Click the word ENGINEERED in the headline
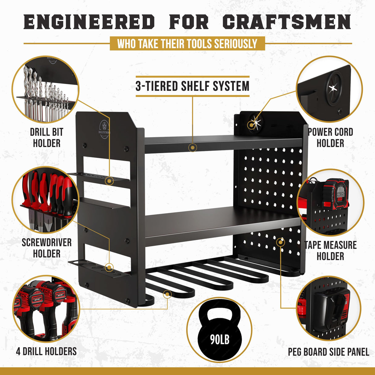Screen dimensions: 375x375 tap(89, 22)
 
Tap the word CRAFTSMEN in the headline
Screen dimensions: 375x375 tap(286, 22)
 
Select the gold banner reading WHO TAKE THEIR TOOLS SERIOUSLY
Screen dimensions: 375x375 tap(187, 44)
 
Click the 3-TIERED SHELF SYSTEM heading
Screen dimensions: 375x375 tap(192, 86)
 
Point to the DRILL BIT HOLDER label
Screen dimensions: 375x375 tap(46, 138)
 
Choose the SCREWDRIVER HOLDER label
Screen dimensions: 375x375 tap(46, 248)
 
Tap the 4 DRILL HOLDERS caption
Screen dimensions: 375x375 tap(46, 351)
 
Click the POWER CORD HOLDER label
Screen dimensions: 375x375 tap(330, 138)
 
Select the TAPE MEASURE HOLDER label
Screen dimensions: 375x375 tap(330, 251)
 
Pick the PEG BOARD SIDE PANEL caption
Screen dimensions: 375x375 tap(328, 352)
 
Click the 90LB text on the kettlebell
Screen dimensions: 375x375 tap(220, 340)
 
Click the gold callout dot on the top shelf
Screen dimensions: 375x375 tap(193, 148)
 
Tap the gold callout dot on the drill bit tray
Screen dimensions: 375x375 tap(109, 181)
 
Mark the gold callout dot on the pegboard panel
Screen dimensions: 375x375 tap(280, 242)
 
